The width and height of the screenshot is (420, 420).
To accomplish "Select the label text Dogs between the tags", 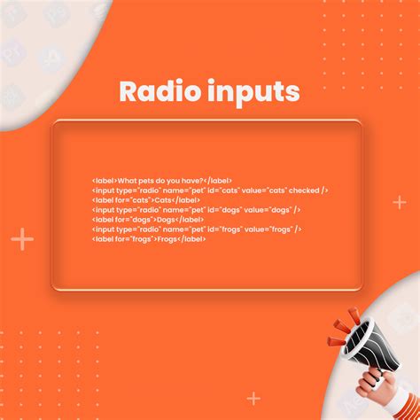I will point(166,220).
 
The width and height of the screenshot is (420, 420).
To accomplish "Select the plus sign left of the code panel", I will point(22,239).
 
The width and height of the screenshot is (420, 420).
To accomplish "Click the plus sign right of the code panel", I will point(400,203).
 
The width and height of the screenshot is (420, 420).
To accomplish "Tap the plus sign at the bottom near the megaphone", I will point(254,398).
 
